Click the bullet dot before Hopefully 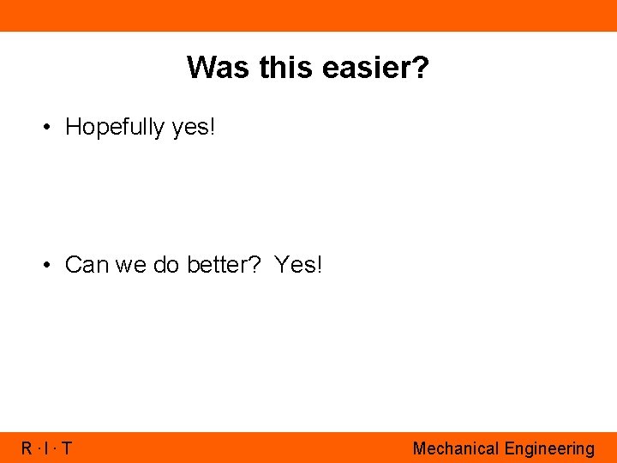click(49, 127)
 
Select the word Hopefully click(115, 127)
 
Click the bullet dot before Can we click(49, 265)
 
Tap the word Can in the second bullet click(87, 265)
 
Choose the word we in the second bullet click(131, 265)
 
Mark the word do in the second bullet click(166, 265)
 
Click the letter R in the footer click(27, 448)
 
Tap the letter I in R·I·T click(47, 448)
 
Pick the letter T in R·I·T click(66, 448)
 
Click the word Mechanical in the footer click(456, 448)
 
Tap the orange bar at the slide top click(308, 15)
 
